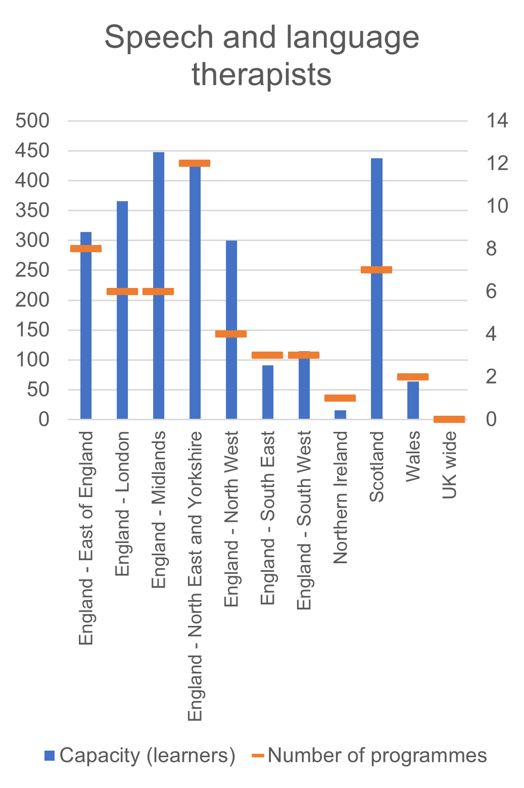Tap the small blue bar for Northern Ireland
(340, 415)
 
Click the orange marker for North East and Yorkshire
(195, 163)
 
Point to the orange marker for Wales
(413, 377)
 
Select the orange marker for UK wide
(449, 419)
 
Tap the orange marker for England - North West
(231, 334)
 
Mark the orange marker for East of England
(86, 249)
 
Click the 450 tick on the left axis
(32, 151)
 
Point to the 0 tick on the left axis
(44, 419)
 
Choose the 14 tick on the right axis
(497, 121)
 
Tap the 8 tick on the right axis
(491, 249)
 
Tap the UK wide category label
(449, 465)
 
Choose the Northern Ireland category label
(341, 498)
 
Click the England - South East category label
(268, 518)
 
